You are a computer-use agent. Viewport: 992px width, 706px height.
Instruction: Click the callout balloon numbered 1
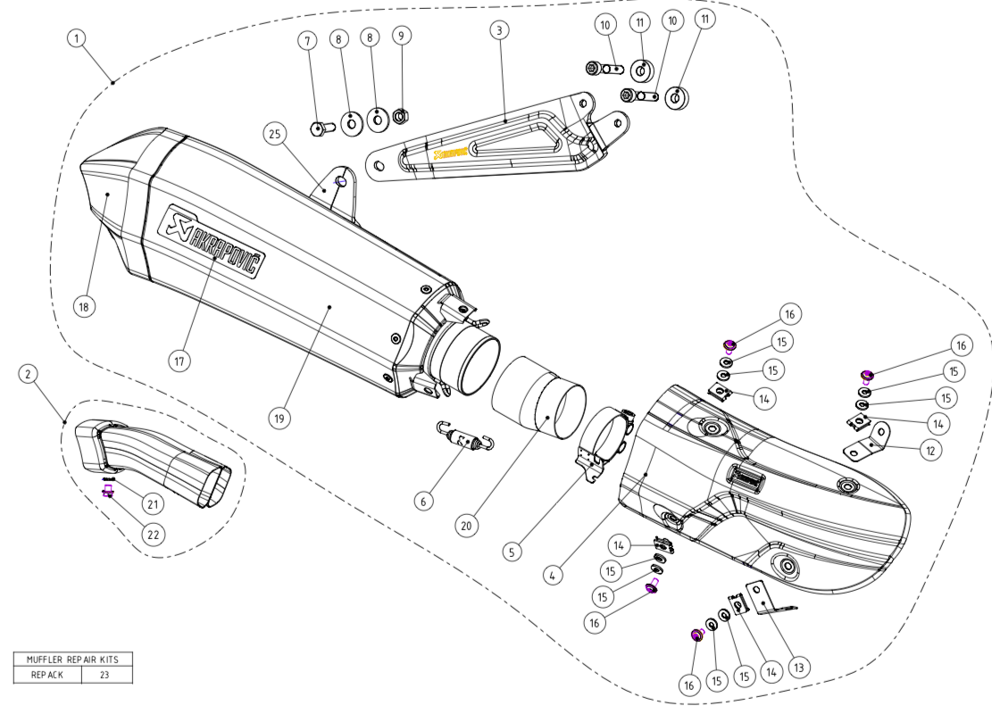pyautogui.click(x=79, y=38)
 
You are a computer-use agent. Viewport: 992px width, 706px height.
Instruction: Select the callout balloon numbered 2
pyautogui.click(x=29, y=374)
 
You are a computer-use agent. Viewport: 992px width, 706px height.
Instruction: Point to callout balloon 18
pyautogui.click(x=85, y=306)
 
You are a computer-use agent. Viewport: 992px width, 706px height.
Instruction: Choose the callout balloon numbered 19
pyautogui.click(x=280, y=418)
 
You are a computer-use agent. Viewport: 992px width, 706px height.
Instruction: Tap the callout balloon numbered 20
pyautogui.click(x=465, y=526)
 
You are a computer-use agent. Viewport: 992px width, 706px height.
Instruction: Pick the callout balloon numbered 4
pyautogui.click(x=554, y=576)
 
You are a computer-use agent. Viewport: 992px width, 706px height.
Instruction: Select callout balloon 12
pyautogui.click(x=930, y=451)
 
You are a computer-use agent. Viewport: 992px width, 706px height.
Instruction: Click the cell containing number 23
pyautogui.click(x=104, y=675)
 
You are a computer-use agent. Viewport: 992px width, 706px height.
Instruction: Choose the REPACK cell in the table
pyautogui.click(x=47, y=675)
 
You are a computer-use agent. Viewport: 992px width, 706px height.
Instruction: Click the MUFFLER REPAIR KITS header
pyautogui.click(x=73, y=660)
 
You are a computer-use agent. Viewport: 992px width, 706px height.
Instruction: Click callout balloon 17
pyautogui.click(x=179, y=360)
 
